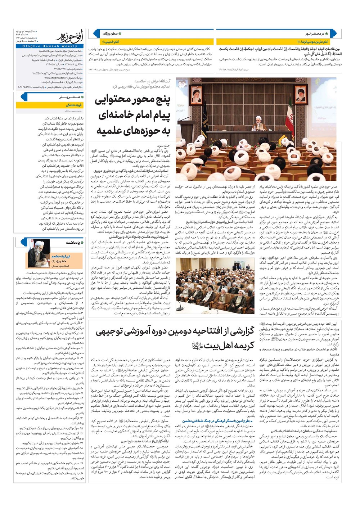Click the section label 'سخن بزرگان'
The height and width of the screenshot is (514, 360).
pos(110,33)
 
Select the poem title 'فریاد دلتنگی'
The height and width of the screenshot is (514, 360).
pos(74,105)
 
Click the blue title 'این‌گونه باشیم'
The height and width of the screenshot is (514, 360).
pos(61,256)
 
